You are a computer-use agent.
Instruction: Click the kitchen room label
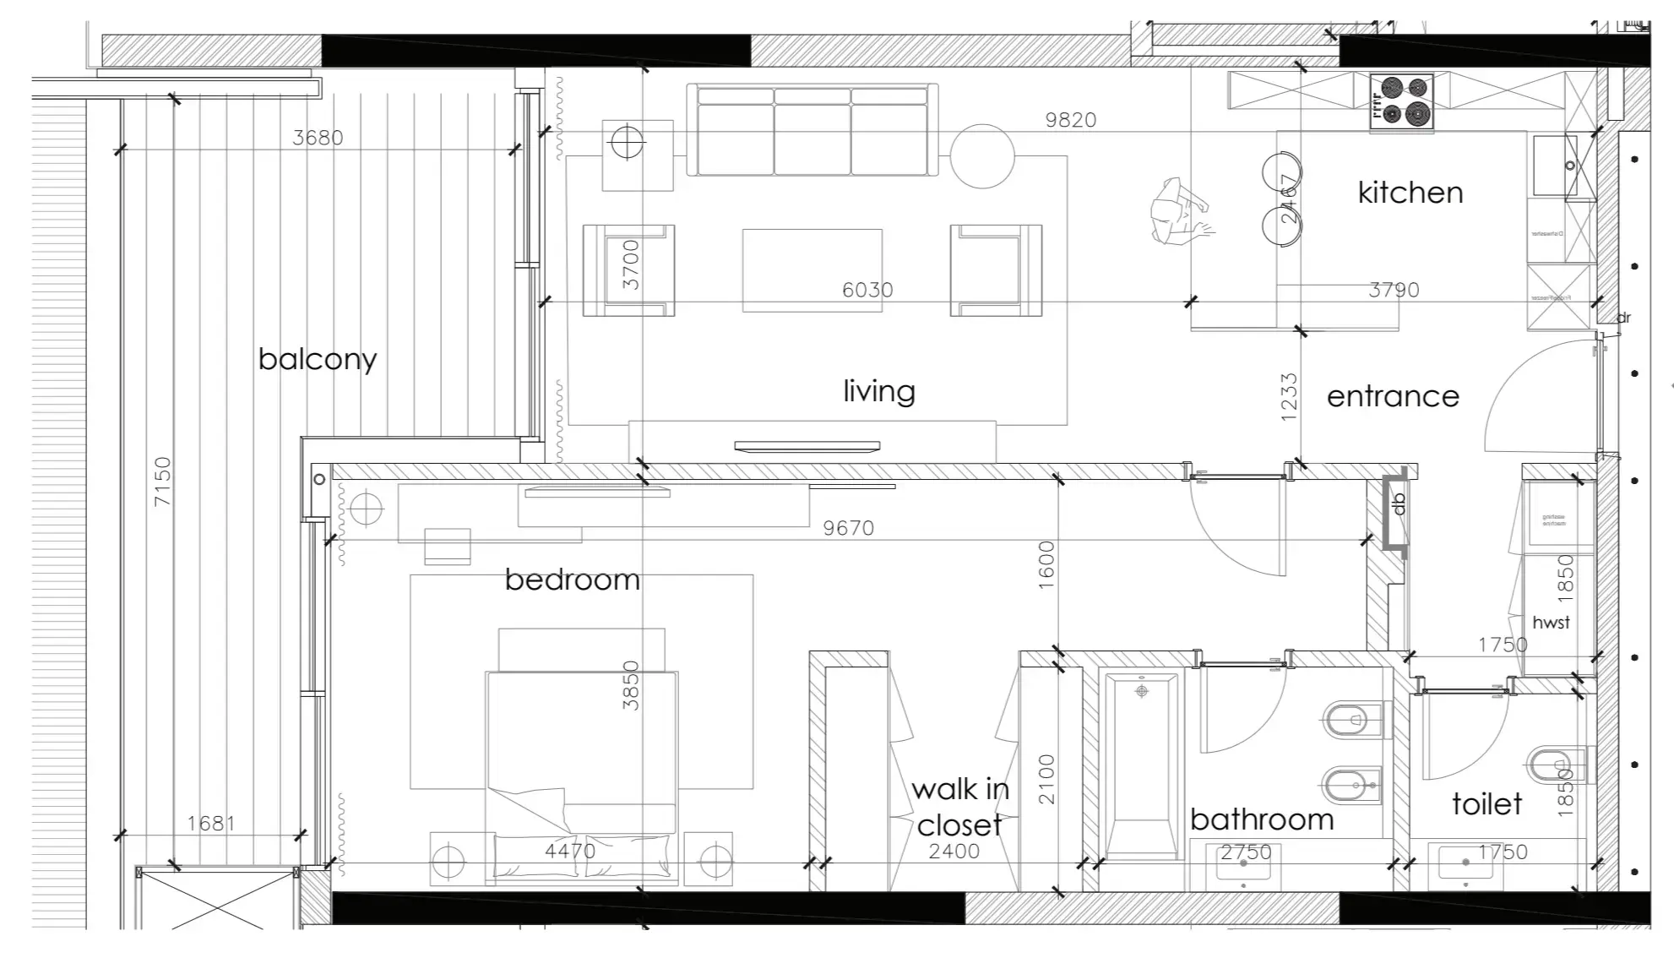tap(1410, 193)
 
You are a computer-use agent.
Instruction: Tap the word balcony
tap(318, 359)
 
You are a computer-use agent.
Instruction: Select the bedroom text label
tap(572, 580)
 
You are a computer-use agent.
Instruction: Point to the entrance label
tap(1393, 396)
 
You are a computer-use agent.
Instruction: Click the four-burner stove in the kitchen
tap(1401, 101)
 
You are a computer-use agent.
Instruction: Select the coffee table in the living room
tap(812, 270)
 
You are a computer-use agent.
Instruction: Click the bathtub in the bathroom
tap(1142, 765)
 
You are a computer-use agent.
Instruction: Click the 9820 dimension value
tap(1070, 120)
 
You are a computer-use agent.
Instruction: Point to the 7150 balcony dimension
tap(162, 482)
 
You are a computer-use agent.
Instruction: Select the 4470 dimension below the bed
tap(570, 851)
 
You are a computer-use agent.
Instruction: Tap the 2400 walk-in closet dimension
tap(954, 852)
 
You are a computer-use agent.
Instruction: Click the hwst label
tap(1551, 623)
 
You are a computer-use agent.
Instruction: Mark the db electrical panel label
tap(1399, 503)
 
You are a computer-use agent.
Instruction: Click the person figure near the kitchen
tap(1180, 211)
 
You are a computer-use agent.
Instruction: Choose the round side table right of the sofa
tap(981, 156)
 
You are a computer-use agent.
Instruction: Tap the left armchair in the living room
tap(628, 270)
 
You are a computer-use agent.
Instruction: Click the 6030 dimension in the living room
tap(867, 290)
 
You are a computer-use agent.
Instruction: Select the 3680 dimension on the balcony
tap(318, 138)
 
